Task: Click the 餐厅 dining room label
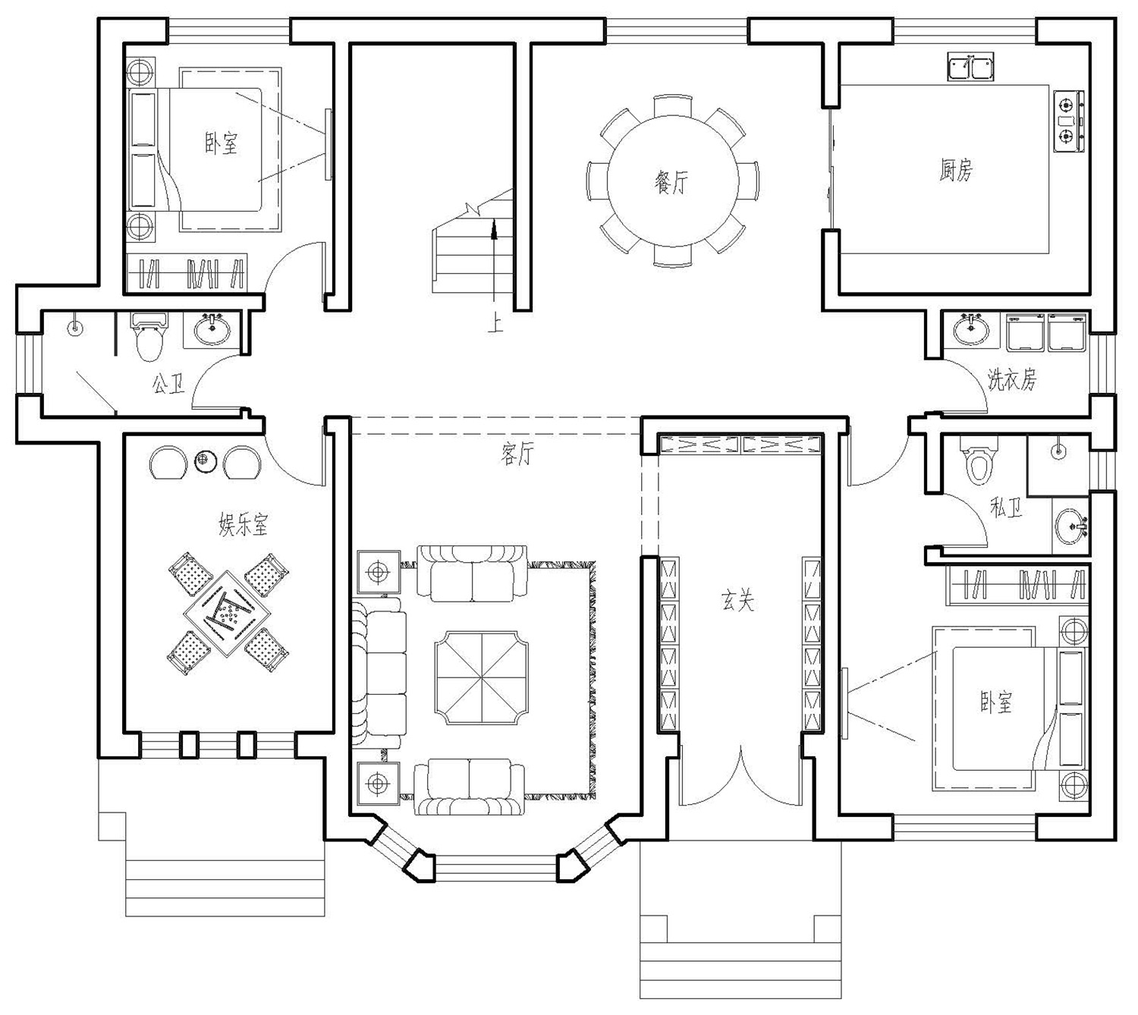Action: click(671, 181)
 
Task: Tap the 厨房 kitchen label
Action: click(955, 170)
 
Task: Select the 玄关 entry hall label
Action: click(737, 601)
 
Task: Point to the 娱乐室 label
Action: click(244, 523)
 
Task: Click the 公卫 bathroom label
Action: click(168, 384)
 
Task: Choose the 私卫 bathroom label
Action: click(1006, 507)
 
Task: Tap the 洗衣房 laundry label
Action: click(1011, 380)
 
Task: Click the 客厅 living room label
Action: click(517, 454)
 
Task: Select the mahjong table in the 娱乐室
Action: click(228, 614)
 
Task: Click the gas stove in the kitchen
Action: click(1068, 121)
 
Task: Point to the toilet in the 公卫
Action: click(149, 338)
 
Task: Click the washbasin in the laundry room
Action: click(971, 328)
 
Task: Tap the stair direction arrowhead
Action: click(494, 228)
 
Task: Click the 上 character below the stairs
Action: click(495, 324)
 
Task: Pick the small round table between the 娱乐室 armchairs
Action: click(204, 461)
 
